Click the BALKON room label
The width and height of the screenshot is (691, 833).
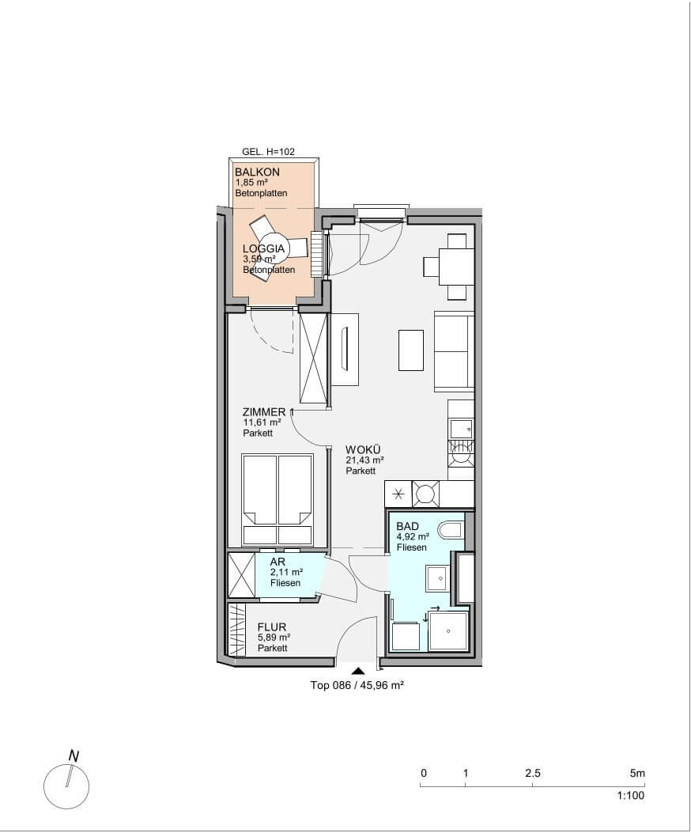257,172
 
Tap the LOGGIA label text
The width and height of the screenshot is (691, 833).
263,248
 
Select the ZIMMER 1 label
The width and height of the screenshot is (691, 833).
268,412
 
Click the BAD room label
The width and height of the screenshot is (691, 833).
407,527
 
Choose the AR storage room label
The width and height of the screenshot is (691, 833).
278,562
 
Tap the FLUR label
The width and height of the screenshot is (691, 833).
272,627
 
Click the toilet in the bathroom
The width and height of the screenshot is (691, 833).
451,530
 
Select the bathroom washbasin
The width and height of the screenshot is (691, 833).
439,578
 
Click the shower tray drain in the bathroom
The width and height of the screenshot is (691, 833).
449,631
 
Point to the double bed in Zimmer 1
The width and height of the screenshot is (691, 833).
277,499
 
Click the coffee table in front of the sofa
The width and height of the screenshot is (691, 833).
411,350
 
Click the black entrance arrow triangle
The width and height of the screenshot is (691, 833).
358,671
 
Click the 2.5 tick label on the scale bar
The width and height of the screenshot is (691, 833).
533,773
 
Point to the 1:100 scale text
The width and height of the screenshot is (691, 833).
631,795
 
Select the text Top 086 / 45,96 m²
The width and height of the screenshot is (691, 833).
357,686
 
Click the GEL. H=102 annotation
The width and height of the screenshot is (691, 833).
268,151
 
